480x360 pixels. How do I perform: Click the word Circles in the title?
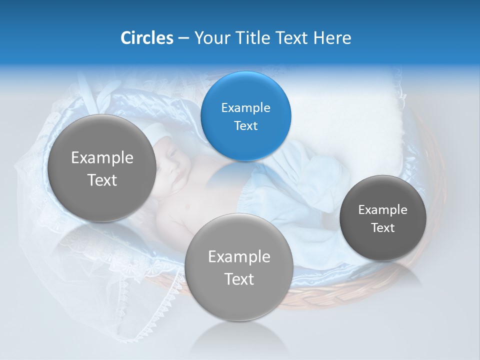pos(146,38)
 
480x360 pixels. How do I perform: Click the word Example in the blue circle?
pos(245,107)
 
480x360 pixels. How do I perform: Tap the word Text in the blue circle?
pos(245,126)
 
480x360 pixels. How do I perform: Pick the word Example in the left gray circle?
pos(102,158)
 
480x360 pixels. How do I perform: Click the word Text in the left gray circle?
pos(102,180)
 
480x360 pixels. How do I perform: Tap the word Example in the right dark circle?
pos(383,210)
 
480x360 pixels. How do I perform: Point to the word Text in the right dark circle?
pos(383,228)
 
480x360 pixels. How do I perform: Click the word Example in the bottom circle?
pos(239,257)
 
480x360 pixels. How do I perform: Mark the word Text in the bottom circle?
pos(239,279)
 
